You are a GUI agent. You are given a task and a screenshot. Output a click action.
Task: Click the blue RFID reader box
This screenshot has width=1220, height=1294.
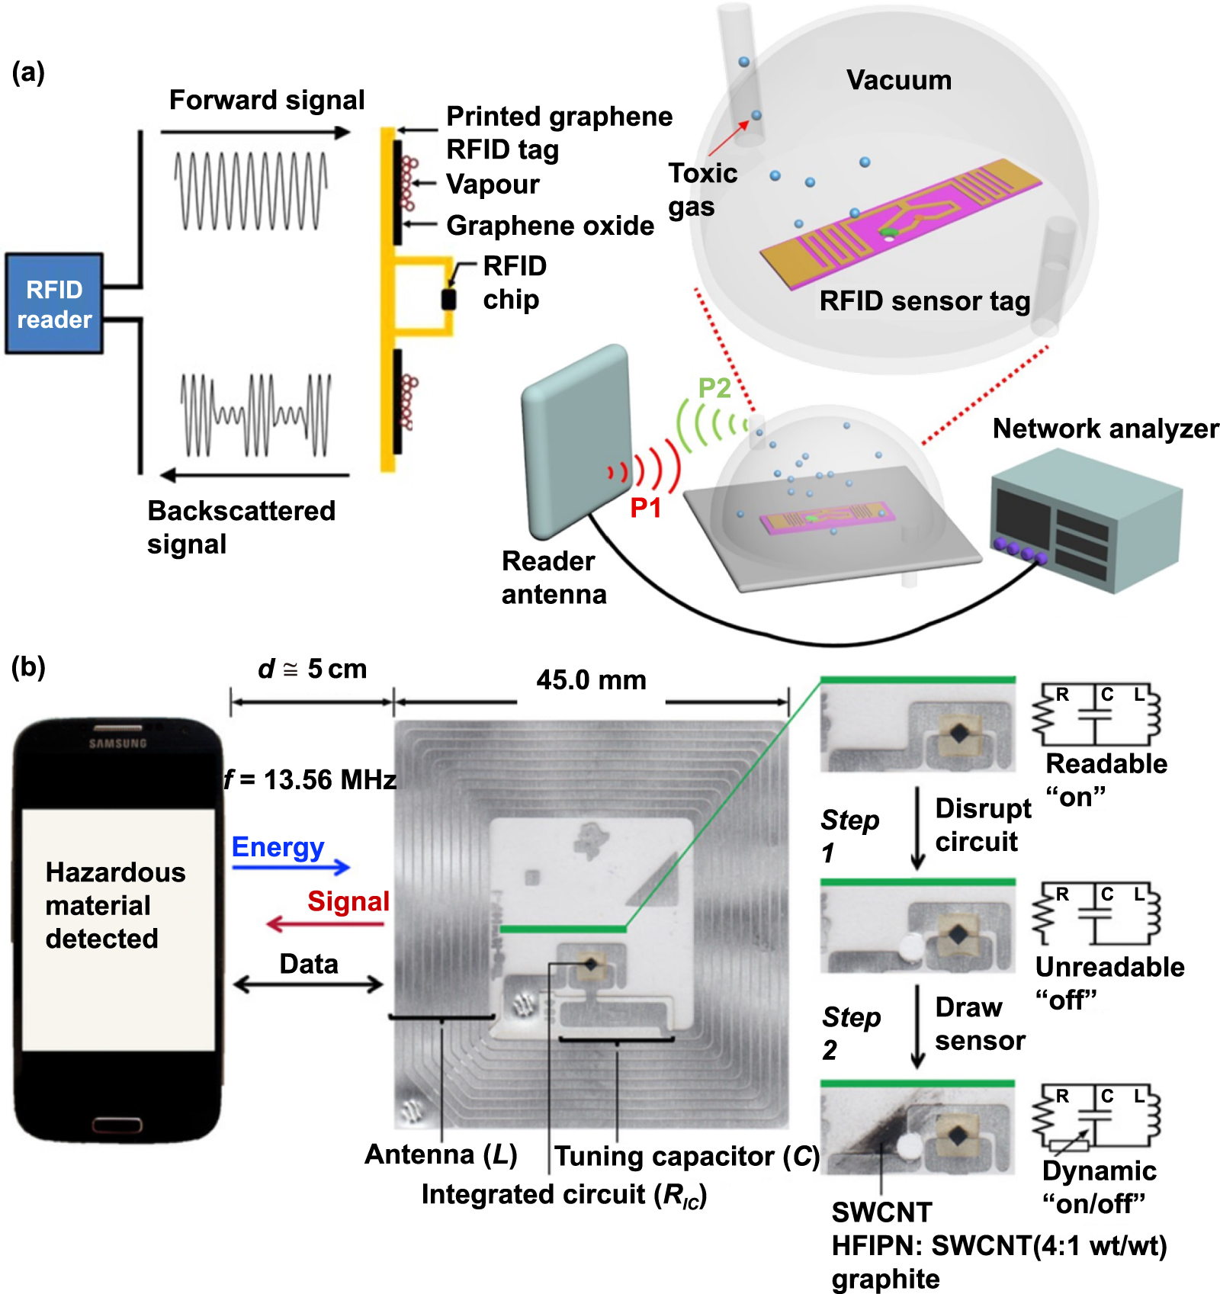pos(54,303)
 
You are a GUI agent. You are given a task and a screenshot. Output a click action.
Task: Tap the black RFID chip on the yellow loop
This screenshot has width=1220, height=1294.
pos(449,299)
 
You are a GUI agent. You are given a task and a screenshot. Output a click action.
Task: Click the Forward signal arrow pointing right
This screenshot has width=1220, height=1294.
pos(255,132)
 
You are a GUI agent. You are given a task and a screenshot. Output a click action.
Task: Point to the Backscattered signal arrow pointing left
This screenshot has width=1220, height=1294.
pos(255,475)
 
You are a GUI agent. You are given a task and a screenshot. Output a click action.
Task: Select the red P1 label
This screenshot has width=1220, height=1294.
pos(645,508)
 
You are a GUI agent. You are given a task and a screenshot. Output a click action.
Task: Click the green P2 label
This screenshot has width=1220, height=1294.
pos(714,388)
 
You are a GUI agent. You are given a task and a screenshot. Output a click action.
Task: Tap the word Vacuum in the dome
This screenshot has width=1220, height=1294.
pos(898,80)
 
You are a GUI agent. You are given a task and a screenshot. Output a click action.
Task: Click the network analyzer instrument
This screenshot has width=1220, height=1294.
pos(1087,522)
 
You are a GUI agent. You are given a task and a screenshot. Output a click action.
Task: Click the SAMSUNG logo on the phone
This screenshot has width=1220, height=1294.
pos(117,743)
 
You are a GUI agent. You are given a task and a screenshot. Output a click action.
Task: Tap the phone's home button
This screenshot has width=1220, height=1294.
pos(117,1124)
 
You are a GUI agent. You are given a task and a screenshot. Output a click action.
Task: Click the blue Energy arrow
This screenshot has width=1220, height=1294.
pos(291,867)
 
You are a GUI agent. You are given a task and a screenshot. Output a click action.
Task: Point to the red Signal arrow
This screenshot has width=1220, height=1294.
pos(325,924)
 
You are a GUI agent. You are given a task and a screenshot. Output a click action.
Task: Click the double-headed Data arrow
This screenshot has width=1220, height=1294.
pos(308,984)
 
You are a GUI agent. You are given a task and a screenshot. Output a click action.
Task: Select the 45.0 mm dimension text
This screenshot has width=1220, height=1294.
pos(591,680)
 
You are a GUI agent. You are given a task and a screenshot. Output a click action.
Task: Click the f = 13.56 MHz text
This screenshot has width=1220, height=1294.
pos(310,780)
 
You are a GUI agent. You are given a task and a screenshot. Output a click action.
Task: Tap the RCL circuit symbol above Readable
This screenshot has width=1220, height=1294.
pos(1096,714)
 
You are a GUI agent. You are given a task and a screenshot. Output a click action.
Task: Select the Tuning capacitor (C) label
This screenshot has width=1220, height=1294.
pos(686,1156)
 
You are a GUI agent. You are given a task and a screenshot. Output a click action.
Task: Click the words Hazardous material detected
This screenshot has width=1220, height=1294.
pos(114,905)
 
